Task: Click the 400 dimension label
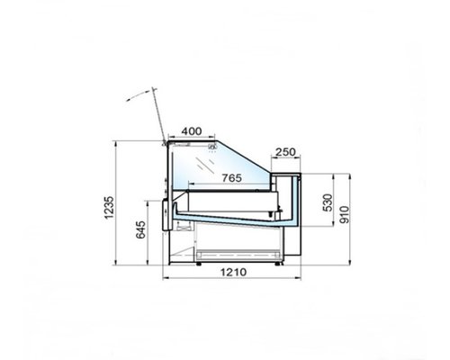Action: [x=192, y=131]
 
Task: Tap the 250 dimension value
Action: [x=285, y=152]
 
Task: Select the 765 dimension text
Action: [x=232, y=178]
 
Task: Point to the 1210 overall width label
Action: [x=233, y=272]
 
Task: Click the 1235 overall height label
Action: [x=109, y=208]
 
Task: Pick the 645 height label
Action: [x=140, y=229]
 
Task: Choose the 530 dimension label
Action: [x=328, y=202]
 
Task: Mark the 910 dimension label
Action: [x=345, y=214]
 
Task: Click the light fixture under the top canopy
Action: [x=212, y=148]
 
